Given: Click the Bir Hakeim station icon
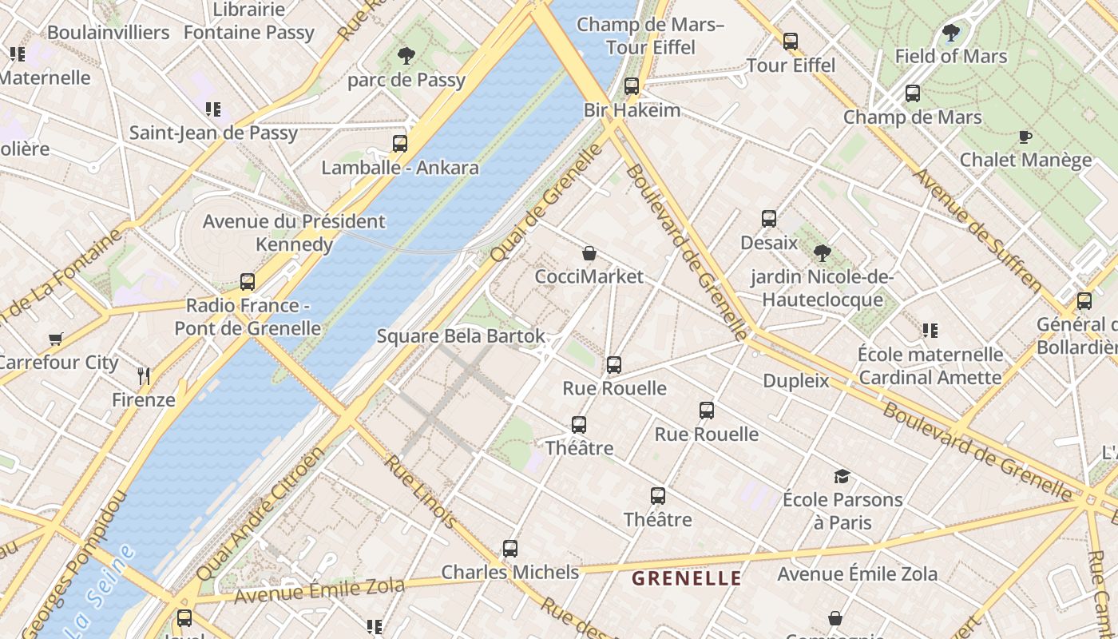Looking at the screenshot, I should [632, 85].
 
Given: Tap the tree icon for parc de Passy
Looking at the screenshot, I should [406, 55].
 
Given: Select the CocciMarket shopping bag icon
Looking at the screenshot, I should [589, 253].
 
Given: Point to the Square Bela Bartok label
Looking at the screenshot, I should [461, 336].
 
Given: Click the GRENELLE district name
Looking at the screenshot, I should [687, 578].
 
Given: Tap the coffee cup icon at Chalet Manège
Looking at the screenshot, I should [1025, 137].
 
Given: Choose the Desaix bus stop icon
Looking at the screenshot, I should [769, 218].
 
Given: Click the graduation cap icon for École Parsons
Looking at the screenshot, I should [842, 477].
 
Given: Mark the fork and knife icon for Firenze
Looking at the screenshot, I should [144, 376].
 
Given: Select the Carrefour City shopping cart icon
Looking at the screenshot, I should [55, 339].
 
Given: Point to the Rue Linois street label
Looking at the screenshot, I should [420, 490].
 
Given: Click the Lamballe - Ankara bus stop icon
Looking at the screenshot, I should [400, 144].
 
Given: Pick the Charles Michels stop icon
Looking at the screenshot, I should [510, 549].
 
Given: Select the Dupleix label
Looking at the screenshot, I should [796, 381].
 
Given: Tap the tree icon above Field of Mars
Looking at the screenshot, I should [950, 33].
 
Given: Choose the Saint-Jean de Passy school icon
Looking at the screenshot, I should [212, 109].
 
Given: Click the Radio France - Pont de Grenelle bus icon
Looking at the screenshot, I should [248, 282].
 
